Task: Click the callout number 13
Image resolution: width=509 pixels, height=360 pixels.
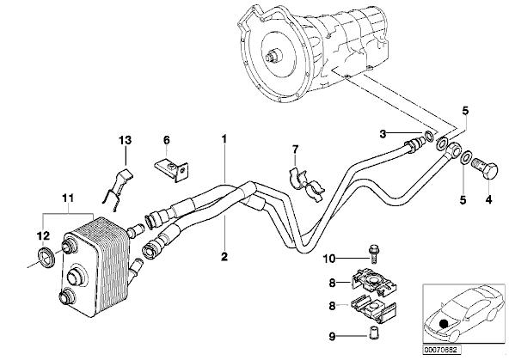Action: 125,140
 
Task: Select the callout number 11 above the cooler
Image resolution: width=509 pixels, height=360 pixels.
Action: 68,198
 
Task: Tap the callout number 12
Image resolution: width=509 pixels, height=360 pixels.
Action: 44,235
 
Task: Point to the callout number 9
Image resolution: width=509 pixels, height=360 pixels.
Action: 332,337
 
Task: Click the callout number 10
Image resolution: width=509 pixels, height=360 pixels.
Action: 328,259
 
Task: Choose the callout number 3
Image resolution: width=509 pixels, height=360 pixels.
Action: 383,134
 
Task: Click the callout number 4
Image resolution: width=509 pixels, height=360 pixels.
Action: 488,200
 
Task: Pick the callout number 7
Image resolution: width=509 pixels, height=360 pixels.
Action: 295,149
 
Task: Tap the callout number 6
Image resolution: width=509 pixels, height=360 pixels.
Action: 166,140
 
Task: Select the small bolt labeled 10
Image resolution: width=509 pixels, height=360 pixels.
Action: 374,254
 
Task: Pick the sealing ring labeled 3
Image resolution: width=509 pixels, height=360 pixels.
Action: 429,137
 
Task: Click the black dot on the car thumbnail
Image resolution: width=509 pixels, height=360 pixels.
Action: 443,324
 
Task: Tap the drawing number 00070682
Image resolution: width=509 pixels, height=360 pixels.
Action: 441,350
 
